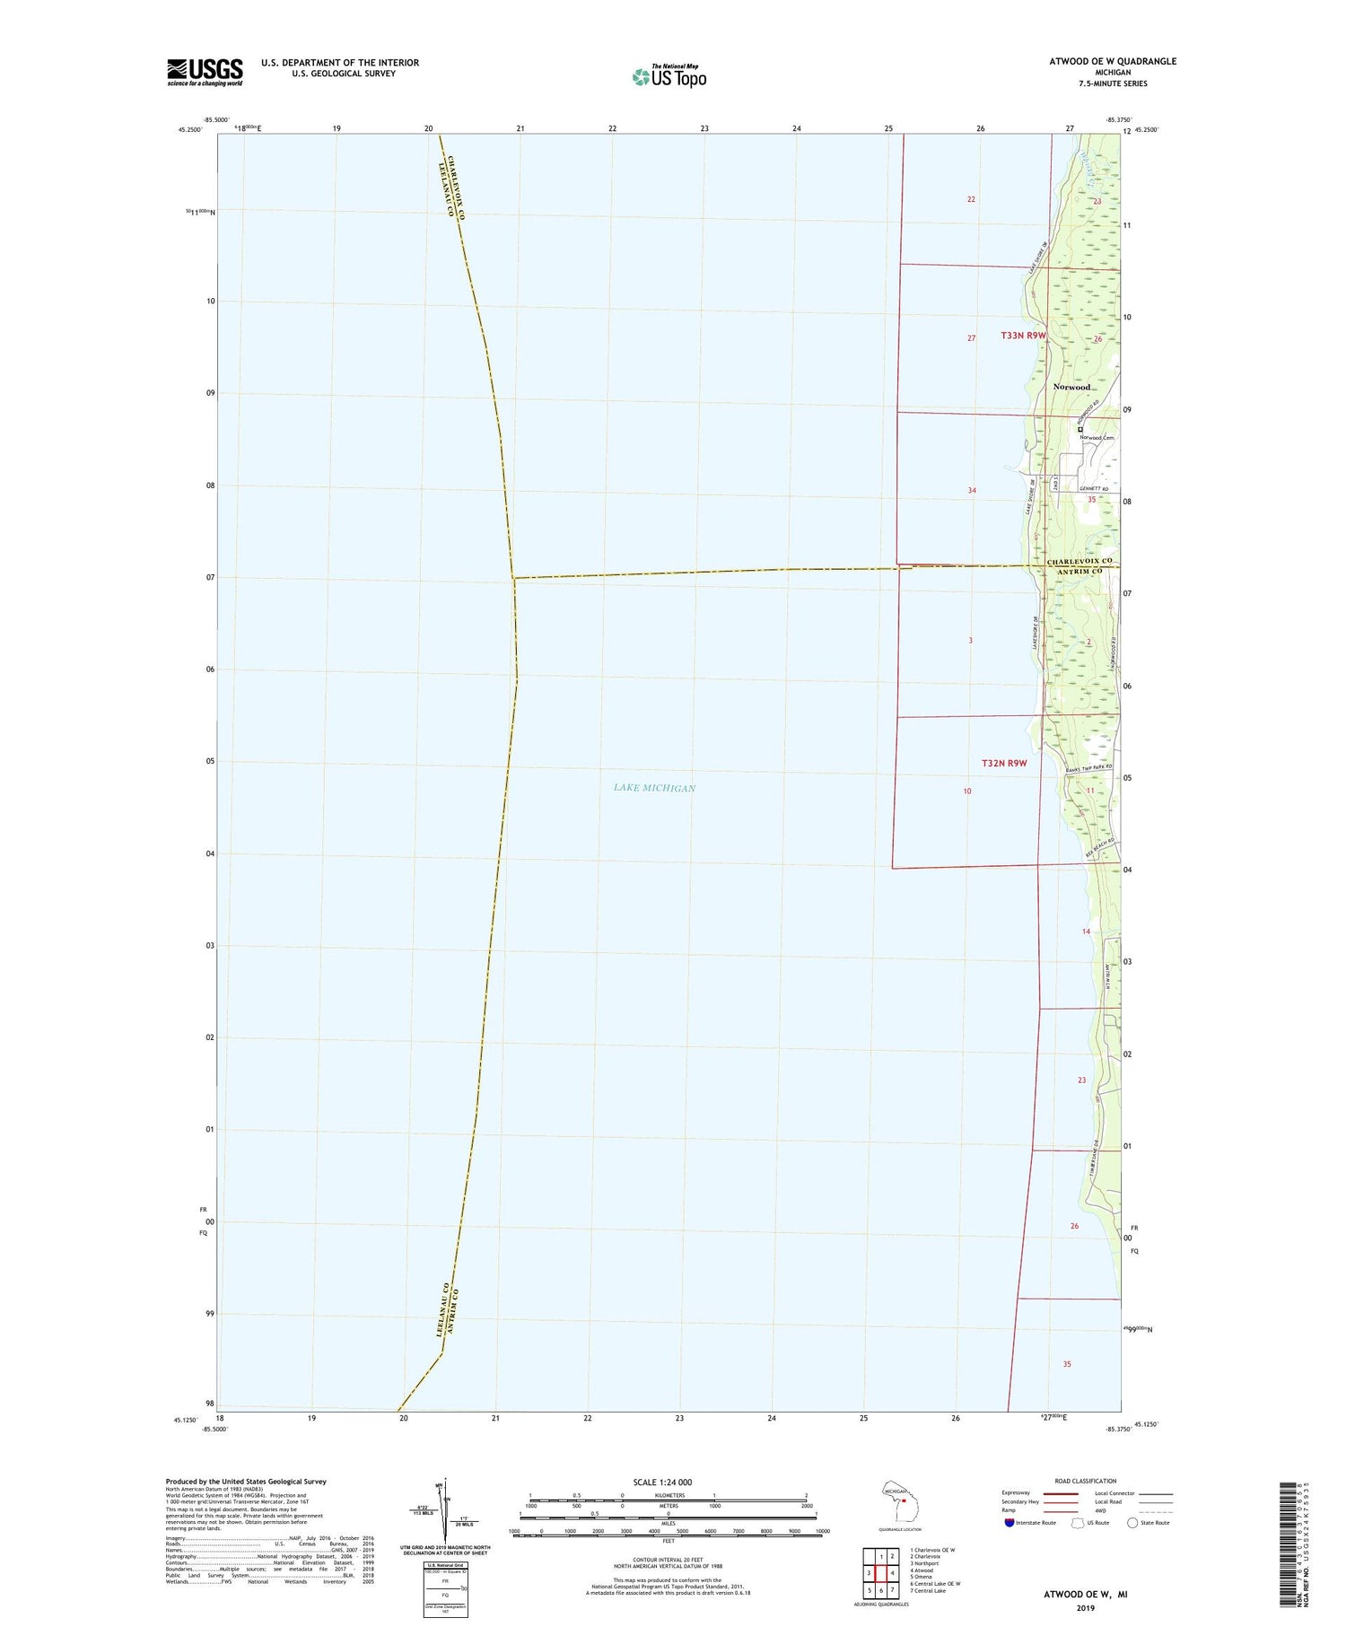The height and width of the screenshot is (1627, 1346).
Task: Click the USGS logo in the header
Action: coord(205,72)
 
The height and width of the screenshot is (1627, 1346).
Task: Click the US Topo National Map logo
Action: coord(669,76)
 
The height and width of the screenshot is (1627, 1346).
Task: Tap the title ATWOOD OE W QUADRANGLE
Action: coord(1112,62)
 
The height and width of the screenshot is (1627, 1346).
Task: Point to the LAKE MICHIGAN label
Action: coord(654,788)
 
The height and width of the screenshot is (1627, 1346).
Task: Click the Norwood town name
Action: coord(1071,387)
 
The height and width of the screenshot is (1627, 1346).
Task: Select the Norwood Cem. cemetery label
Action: coord(1096,438)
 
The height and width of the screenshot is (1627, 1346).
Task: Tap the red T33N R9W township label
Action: coord(1024,336)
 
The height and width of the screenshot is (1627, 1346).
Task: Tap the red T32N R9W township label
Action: coord(1003,763)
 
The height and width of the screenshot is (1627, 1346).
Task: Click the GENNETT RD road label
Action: coord(1094,489)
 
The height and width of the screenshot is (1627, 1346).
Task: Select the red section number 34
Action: coord(972,490)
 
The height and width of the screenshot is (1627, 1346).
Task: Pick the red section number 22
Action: coord(971,199)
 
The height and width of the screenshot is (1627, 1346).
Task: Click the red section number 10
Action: coord(967,792)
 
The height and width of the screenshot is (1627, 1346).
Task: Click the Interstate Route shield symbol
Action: coord(1010,1523)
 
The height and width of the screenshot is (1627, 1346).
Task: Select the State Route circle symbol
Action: coord(1132,1523)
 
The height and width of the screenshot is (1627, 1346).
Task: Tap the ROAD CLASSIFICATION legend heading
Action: coord(1086,1481)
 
